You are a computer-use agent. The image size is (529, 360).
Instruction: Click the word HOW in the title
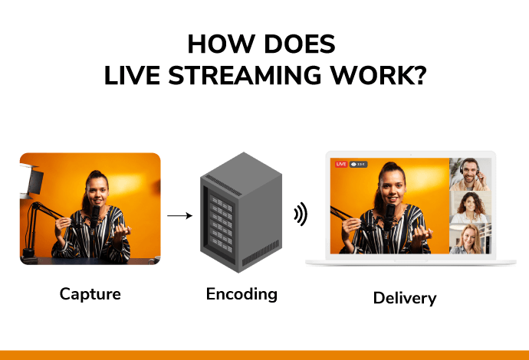(221, 44)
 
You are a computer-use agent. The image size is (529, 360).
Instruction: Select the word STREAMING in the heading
(245, 75)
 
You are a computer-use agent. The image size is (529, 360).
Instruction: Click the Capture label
(90, 294)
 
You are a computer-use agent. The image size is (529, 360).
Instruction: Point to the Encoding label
(242, 294)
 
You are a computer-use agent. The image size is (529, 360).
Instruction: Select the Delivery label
(405, 298)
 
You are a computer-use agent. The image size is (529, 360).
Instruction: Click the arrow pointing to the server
(180, 215)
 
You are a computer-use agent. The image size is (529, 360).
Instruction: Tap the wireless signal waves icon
(301, 214)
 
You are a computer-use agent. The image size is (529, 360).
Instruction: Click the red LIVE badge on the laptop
(341, 164)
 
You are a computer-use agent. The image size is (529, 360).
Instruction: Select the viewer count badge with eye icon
(358, 164)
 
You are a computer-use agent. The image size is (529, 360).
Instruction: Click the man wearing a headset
(470, 175)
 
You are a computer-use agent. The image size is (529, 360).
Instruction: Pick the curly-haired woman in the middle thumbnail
(470, 208)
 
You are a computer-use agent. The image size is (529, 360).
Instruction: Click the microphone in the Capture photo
(95, 216)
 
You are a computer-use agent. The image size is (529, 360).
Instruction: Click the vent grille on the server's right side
(261, 253)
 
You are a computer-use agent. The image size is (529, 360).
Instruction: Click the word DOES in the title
(300, 44)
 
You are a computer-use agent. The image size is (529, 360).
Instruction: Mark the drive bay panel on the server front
(222, 224)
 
